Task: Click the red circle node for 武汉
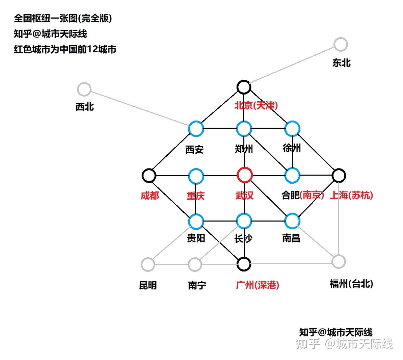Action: coord(244,175)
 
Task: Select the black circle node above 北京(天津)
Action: coord(243,87)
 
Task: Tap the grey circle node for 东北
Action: coord(341,44)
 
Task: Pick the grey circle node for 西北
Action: coord(84,89)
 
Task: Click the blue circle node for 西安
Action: coord(196,128)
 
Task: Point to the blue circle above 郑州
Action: coord(244,128)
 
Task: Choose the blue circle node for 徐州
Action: coord(292,128)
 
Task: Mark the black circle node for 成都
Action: coord(149,175)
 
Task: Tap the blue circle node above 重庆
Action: coord(196,176)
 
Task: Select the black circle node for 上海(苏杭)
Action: coord(339,175)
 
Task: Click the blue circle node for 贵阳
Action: coord(196,221)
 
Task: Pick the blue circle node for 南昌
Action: coord(292,221)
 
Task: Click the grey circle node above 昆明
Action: coord(148,264)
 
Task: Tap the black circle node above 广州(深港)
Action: coord(244,264)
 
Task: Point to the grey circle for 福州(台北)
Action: coord(339,261)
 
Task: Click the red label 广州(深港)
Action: coord(257,285)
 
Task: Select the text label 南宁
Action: coord(197,286)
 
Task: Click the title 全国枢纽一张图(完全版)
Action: coord(63,18)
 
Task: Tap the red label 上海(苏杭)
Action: coord(351,195)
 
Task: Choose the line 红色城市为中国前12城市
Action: coord(65,49)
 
